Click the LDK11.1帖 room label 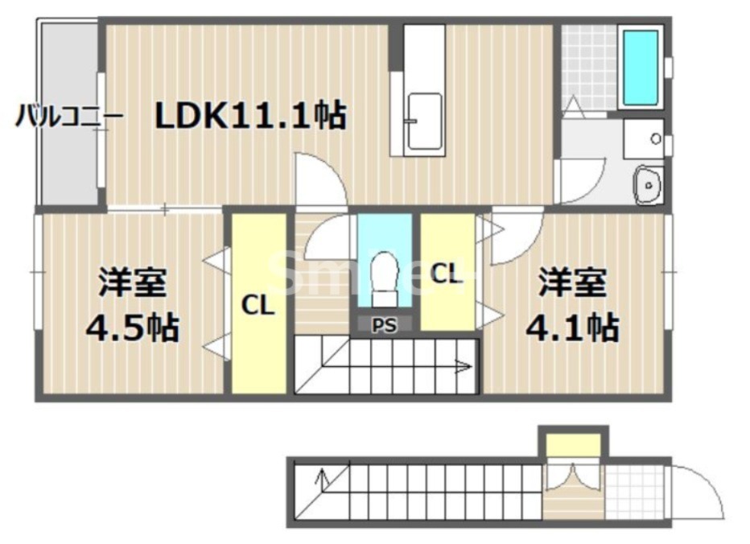pyautogui.click(x=250, y=117)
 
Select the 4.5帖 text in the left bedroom pyautogui.click(x=132, y=328)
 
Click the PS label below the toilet pyautogui.click(x=385, y=325)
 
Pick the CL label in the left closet pyautogui.click(x=259, y=306)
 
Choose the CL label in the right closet pyautogui.click(x=447, y=274)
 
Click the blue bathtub pyautogui.click(x=641, y=67)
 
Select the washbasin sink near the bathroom pyautogui.click(x=647, y=187)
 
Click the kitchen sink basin pyautogui.click(x=424, y=121)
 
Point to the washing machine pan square pyautogui.click(x=644, y=139)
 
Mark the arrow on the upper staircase pyautogui.click(x=462, y=369)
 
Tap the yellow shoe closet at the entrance pyautogui.click(x=573, y=443)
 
